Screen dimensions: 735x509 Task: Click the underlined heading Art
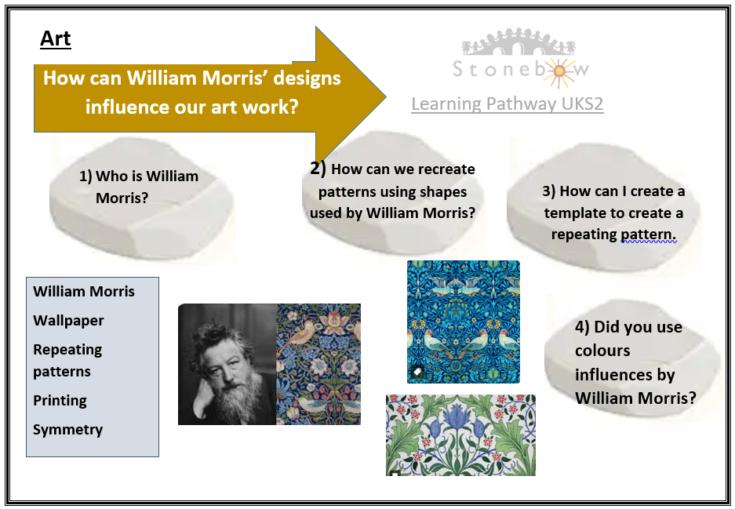(x=56, y=38)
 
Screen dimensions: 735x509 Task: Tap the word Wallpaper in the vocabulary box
(x=68, y=321)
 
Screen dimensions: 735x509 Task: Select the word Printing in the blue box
(x=60, y=401)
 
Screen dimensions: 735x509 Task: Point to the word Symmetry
(x=68, y=430)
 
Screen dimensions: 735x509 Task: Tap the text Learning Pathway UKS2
(x=508, y=104)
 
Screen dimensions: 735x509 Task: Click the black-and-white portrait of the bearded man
(x=227, y=364)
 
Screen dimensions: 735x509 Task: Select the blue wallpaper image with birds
(x=463, y=322)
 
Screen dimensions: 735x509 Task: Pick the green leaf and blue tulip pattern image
(x=460, y=435)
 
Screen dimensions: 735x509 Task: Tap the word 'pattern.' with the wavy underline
(x=649, y=235)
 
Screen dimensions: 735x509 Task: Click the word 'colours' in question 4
(x=602, y=351)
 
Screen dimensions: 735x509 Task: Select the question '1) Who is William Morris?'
(x=139, y=187)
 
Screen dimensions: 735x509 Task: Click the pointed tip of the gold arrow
(x=385, y=97)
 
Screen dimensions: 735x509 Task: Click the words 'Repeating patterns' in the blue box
(x=67, y=361)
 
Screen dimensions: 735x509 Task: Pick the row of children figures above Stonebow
(x=519, y=42)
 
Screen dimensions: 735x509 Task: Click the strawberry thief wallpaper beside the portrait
(x=318, y=364)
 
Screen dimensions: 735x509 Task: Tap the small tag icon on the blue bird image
(x=417, y=373)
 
